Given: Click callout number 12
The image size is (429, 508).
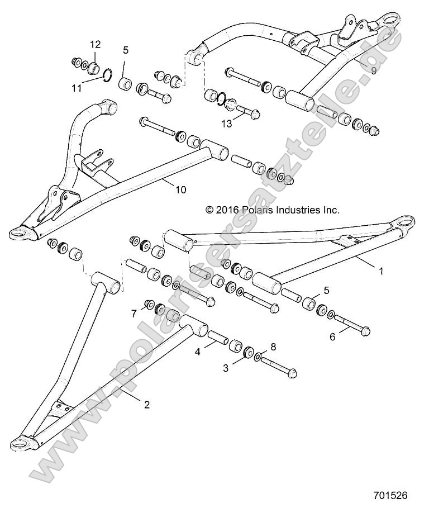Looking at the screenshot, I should pos(95,44).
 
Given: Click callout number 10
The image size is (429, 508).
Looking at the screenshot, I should pos(180,190).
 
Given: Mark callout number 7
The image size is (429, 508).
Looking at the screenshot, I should pos(134,313).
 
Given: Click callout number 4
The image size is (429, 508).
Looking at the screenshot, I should pos(198,352).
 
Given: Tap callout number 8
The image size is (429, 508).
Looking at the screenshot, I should pos(273,346).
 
